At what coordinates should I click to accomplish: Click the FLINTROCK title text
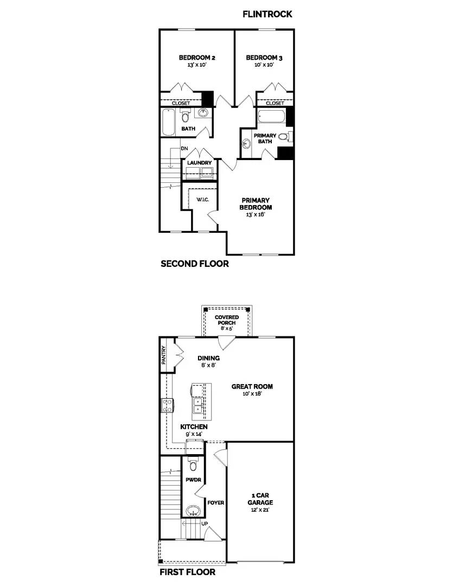click(267, 14)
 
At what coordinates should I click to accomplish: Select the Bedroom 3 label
click(264, 58)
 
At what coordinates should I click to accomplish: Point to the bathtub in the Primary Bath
click(271, 117)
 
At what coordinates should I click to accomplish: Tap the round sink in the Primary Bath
click(247, 144)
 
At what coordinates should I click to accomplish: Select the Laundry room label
click(199, 163)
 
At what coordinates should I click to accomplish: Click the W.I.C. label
click(202, 200)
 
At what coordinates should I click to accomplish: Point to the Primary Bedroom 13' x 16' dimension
click(256, 214)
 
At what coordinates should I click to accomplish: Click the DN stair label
click(184, 148)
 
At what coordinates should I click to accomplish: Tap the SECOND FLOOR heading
click(194, 264)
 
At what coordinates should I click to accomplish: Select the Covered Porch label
click(227, 320)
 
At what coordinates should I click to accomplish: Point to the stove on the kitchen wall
click(168, 405)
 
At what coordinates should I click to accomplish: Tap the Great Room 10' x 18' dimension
click(252, 394)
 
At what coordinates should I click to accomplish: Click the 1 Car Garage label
click(261, 499)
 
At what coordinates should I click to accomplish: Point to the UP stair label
click(205, 523)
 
